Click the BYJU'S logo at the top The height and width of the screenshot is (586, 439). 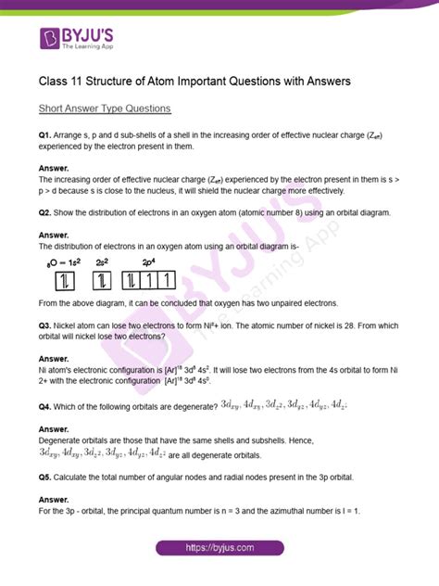tap(75, 40)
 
